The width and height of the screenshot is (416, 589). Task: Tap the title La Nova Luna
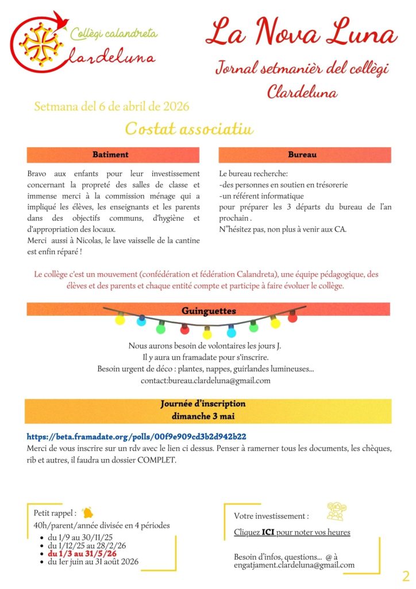pyautogui.click(x=301, y=32)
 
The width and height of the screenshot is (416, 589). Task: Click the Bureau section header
pyautogui.click(x=305, y=155)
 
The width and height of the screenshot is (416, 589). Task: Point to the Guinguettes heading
pyautogui.click(x=209, y=311)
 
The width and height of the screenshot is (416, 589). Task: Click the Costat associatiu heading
pyautogui.click(x=189, y=128)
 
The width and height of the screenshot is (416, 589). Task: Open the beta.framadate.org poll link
pyautogui.click(x=137, y=437)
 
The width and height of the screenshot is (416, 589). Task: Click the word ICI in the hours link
pyautogui.click(x=268, y=532)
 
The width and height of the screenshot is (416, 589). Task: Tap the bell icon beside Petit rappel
pyautogui.click(x=87, y=511)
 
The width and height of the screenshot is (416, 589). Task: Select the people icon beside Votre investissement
pyautogui.click(x=336, y=511)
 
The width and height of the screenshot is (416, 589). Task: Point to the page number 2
pyautogui.click(x=406, y=576)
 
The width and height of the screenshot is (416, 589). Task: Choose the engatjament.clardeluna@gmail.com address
pyautogui.click(x=294, y=565)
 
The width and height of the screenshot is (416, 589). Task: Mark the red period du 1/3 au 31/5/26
pyautogui.click(x=86, y=553)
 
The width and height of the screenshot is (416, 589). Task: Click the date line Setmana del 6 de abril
pyautogui.click(x=111, y=106)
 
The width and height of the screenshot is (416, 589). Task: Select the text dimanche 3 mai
pyautogui.click(x=203, y=415)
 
